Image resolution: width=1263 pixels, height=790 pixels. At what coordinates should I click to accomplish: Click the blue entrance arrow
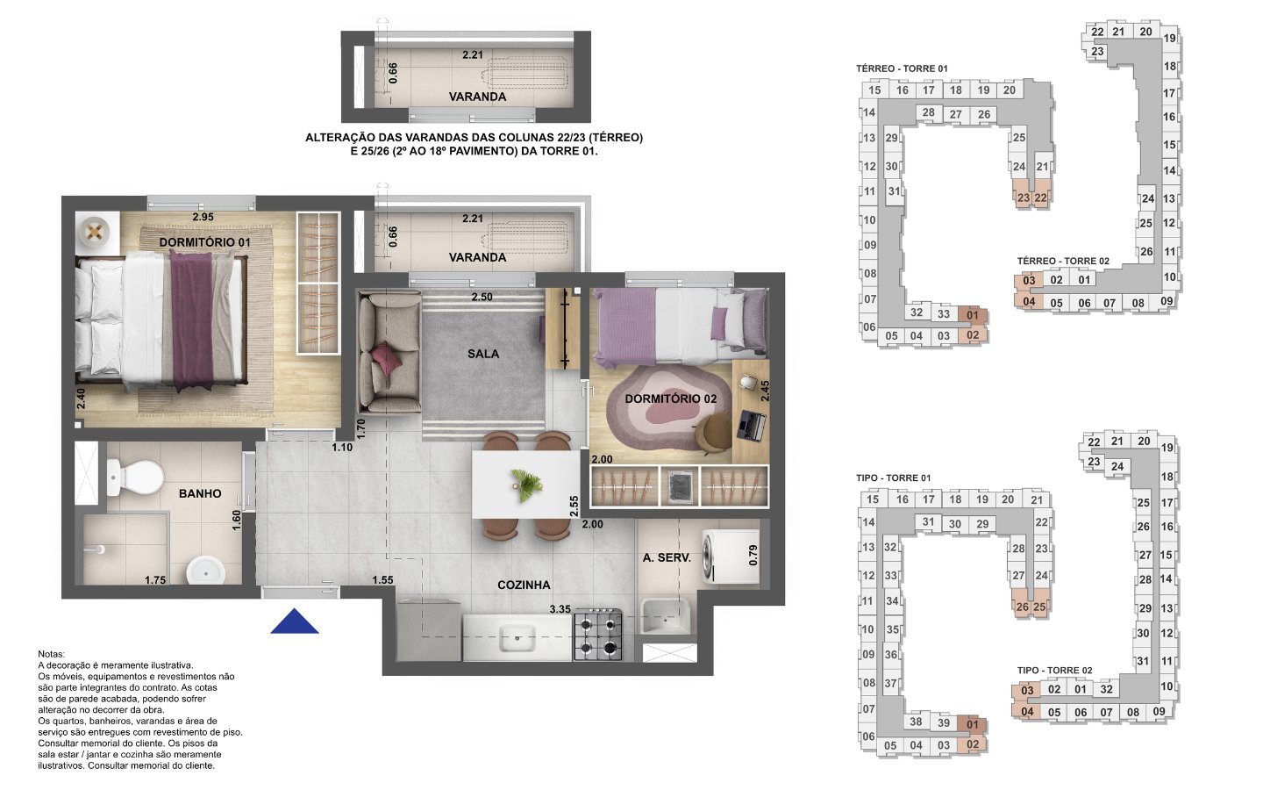pyautogui.click(x=295, y=621)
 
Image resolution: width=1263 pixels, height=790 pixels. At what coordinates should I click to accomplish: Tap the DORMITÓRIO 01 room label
pyautogui.click(x=204, y=242)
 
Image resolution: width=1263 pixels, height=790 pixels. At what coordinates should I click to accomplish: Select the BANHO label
pyautogui.click(x=200, y=493)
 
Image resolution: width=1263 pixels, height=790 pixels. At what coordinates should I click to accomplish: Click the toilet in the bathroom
pyautogui.click(x=135, y=476)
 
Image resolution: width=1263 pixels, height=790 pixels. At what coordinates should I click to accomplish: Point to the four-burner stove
pyautogui.click(x=598, y=635)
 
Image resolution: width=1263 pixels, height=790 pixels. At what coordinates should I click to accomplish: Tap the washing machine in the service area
pyautogui.click(x=730, y=556)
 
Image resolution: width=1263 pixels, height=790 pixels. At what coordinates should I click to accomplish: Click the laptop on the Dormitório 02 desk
pyautogui.click(x=751, y=426)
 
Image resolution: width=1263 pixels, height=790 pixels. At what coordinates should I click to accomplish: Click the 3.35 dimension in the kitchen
pyautogui.click(x=560, y=609)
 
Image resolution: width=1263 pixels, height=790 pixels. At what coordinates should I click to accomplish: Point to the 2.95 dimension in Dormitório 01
pyautogui.click(x=203, y=217)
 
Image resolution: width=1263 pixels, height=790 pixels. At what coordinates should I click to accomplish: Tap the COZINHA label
pyautogui.click(x=524, y=585)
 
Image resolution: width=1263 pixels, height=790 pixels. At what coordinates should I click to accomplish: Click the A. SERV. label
pyautogui.click(x=667, y=558)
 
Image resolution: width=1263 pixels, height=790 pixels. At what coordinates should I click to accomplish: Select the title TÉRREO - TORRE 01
pyautogui.click(x=902, y=68)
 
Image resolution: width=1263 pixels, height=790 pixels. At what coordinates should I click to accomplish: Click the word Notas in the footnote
pyautogui.click(x=51, y=654)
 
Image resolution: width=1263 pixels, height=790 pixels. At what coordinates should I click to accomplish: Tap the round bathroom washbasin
pyautogui.click(x=206, y=571)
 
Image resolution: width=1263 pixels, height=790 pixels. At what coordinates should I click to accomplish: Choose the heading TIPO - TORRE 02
pyautogui.click(x=1054, y=671)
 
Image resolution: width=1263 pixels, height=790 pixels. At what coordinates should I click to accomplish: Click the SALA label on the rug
pyautogui.click(x=483, y=354)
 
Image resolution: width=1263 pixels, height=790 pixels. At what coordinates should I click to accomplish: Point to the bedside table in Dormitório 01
pyautogui.click(x=97, y=232)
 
